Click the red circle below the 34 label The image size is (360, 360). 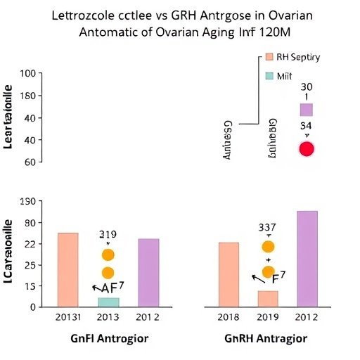tap(307, 148)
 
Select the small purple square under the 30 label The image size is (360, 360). tap(306, 110)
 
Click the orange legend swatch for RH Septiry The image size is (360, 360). tap(268, 58)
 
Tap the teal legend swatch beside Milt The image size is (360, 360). tap(268, 75)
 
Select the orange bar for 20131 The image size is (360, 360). tap(67, 269)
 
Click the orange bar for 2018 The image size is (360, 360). tap(229, 274)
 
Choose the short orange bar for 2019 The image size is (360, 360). tap(268, 298)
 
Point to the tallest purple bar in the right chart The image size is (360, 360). tap(307, 258)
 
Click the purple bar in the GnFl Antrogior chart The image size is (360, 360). tap(148, 272)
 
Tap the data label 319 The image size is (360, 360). tap(108, 234)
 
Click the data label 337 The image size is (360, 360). tap(267, 226)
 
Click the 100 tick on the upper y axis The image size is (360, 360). tap(27, 74)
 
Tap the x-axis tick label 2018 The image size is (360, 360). tap(229, 317)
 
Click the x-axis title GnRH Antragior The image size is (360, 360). tap(266, 339)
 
